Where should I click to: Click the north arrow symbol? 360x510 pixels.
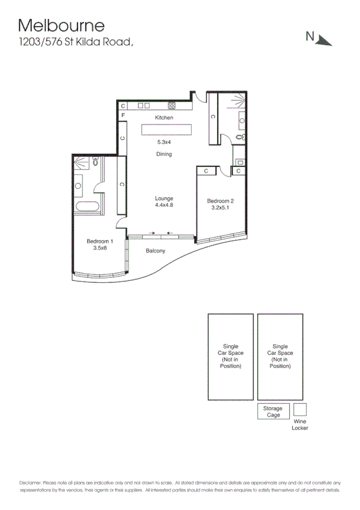(324, 39)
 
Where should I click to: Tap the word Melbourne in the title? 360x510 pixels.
(61, 25)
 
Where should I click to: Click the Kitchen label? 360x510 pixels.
(164, 118)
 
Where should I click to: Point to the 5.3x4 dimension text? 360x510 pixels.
(164, 142)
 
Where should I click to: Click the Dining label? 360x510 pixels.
(164, 155)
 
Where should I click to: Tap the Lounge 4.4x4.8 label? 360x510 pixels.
(164, 201)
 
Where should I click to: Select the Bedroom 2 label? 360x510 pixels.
(221, 204)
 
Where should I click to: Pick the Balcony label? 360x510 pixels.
(155, 251)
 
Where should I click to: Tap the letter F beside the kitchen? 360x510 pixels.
(123, 115)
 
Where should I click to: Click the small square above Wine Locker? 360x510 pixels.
(300, 410)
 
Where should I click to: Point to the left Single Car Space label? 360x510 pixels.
(231, 356)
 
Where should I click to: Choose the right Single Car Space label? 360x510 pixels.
(280, 356)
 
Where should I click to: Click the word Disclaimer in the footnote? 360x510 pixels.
(29, 483)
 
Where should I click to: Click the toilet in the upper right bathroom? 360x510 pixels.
(240, 137)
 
